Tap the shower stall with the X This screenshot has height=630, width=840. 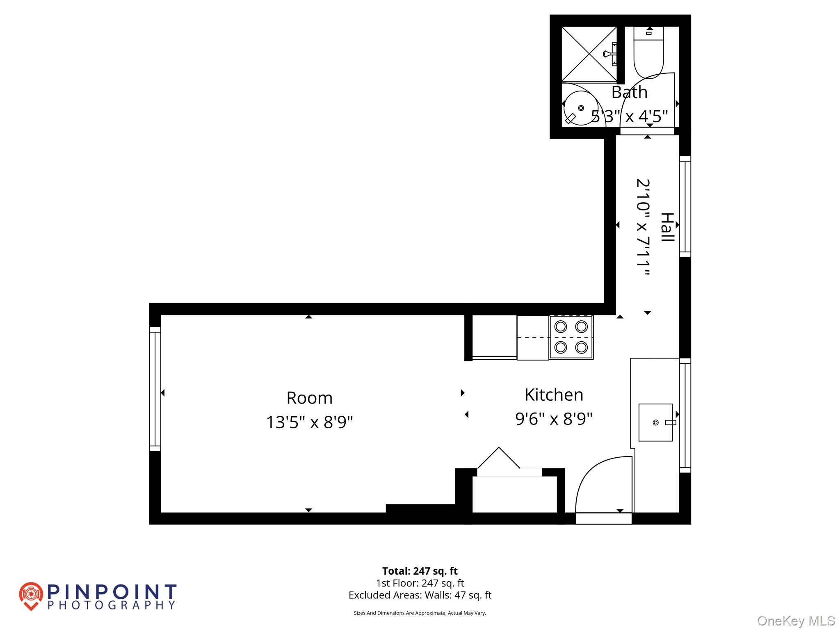coord(589,54)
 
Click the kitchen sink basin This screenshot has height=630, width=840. coord(655,422)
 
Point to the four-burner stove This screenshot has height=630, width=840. coord(571,337)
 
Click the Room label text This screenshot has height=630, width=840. coord(309,398)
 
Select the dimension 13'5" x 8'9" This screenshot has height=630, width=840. coord(309,422)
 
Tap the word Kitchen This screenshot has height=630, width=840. coord(554,395)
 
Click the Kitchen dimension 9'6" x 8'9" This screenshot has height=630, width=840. coord(554,419)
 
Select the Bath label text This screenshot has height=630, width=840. coord(629,92)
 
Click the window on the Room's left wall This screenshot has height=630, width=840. coord(155,389)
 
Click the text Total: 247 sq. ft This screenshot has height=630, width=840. coord(420,571)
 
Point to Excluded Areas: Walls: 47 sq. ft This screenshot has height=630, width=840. coord(420,595)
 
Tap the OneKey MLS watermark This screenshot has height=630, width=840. coord(796,621)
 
